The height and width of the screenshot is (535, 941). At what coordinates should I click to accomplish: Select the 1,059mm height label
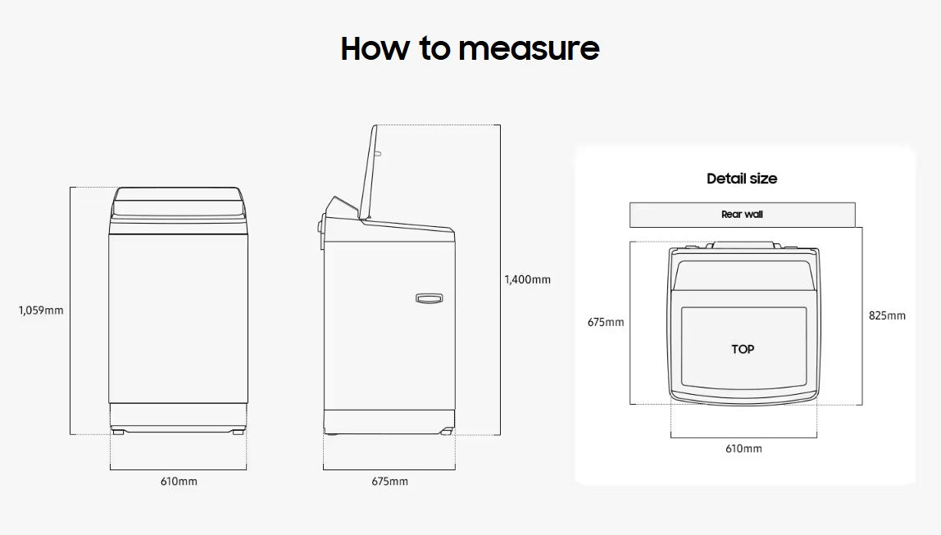point(41,311)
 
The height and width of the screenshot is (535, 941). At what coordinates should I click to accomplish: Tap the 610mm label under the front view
point(178,481)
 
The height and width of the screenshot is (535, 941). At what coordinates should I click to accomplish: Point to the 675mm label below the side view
point(389,481)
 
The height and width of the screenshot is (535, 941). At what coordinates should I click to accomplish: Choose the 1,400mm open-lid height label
point(527,279)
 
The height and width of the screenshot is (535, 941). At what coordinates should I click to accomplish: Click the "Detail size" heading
point(742,179)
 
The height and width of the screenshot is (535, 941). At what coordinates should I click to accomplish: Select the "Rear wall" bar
point(742,215)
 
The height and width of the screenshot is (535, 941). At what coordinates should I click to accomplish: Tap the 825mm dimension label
point(887,315)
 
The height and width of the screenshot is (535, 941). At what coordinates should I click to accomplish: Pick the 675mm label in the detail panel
point(605,322)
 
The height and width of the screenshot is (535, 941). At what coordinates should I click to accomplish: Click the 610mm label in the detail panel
point(743,448)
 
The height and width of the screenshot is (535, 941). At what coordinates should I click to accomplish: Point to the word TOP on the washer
point(743,349)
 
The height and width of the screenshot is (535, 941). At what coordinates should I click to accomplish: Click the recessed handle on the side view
point(429,299)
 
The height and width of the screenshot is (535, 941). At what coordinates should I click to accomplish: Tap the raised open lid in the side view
point(368,172)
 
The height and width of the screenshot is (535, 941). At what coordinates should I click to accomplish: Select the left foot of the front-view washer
point(119,430)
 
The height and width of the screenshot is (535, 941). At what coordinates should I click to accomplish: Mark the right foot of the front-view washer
point(237,430)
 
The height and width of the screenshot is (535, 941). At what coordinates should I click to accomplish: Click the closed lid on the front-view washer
point(178,202)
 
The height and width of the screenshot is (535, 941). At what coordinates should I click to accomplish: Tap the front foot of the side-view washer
point(446,431)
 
